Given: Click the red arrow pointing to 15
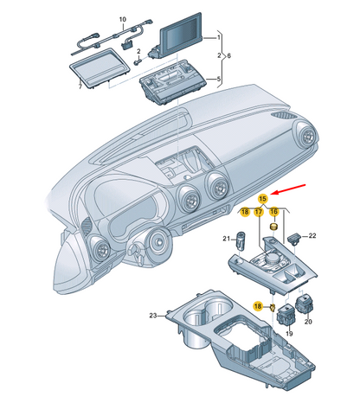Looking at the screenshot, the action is (289, 189).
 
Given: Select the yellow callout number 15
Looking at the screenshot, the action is (262, 199).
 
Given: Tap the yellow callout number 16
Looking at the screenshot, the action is (273, 212).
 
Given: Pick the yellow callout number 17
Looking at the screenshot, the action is (259, 212).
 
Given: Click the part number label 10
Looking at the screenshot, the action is (123, 19).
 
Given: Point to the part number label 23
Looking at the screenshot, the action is (153, 316).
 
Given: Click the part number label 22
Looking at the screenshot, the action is (312, 235).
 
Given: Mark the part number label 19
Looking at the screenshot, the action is (289, 334).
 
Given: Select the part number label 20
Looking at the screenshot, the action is (308, 322).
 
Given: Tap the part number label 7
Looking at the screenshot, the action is (80, 86).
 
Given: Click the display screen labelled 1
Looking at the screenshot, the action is (177, 36).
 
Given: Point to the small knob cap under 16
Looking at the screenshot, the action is (273, 227).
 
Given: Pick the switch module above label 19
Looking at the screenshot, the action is (286, 316).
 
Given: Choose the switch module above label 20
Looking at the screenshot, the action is (304, 304).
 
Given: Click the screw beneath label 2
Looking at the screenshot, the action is (138, 61).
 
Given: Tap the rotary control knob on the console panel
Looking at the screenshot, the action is (272, 258).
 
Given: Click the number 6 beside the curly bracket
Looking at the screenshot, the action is (228, 55).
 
